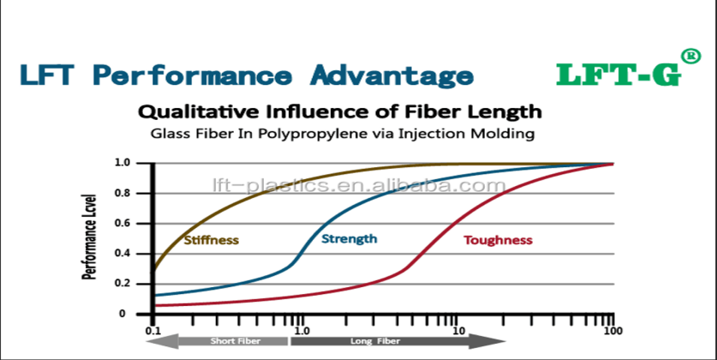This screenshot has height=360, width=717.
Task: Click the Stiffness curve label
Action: [x=211, y=241]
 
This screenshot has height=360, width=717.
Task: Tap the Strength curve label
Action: [x=349, y=238]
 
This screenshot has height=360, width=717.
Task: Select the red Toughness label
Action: [x=498, y=241]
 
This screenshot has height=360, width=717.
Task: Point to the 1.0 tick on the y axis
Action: [x=122, y=163]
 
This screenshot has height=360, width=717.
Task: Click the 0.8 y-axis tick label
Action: [x=122, y=193]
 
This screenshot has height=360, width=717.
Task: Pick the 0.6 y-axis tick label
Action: [x=122, y=224]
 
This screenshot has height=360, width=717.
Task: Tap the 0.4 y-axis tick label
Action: [x=122, y=254]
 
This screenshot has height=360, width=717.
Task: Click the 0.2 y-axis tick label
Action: [x=122, y=284]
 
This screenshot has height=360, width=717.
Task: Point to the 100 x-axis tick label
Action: [x=612, y=331]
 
